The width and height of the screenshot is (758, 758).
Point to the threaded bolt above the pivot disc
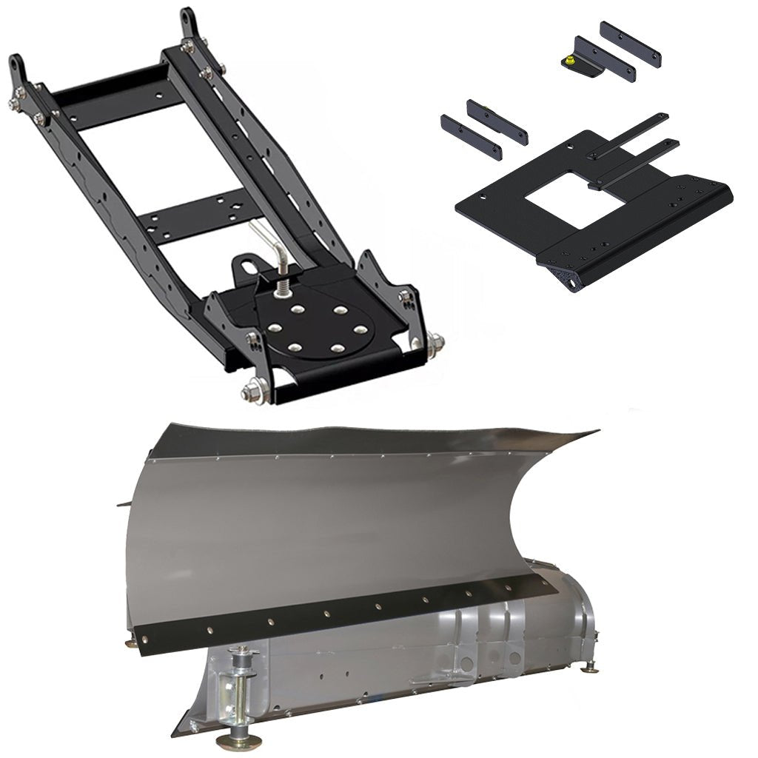click(x=282, y=284)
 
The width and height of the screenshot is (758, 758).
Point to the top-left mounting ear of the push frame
click(x=18, y=70)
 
